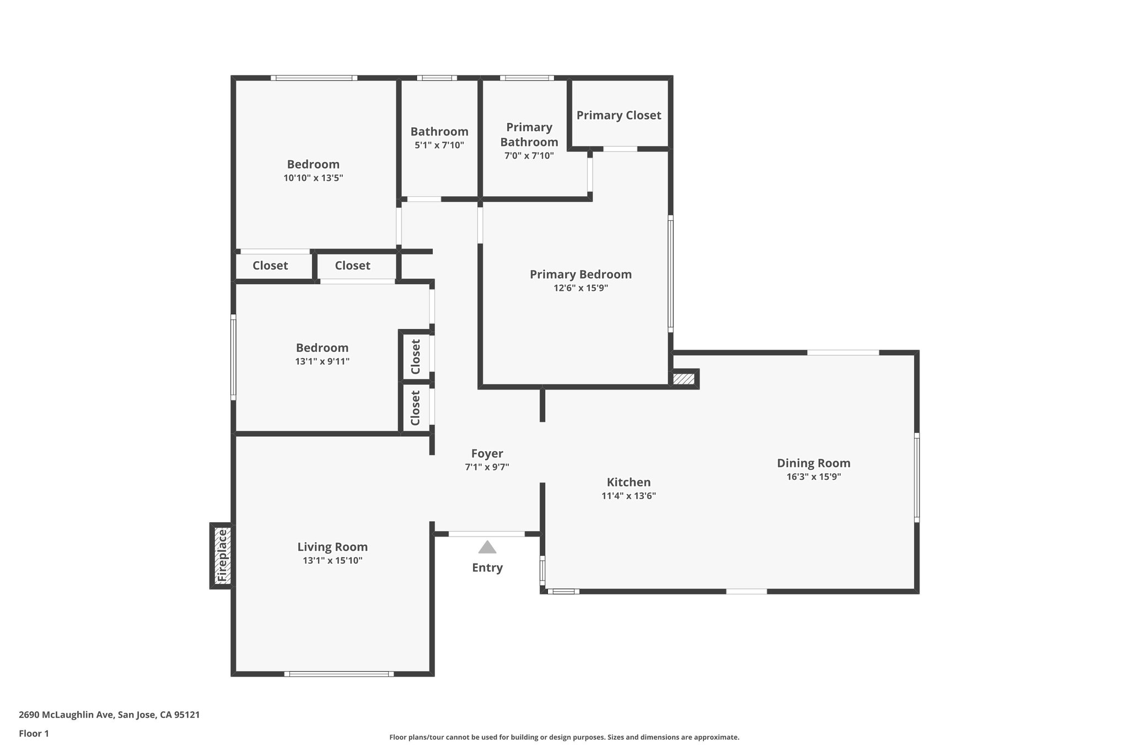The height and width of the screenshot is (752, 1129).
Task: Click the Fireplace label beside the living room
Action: (222, 555)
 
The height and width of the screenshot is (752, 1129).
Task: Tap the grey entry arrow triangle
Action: (487, 547)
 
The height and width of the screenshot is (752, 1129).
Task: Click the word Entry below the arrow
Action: (487, 567)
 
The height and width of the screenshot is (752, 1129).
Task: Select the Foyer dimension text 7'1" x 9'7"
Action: (487, 467)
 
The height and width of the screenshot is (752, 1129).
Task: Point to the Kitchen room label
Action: (628, 482)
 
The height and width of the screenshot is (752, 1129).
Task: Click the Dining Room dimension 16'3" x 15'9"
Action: (813, 477)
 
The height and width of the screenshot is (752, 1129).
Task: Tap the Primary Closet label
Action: (619, 115)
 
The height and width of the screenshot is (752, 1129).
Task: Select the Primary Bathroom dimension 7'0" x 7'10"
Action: (529, 156)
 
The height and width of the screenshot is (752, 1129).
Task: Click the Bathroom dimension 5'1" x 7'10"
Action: (439, 145)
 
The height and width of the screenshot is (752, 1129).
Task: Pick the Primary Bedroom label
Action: (580, 274)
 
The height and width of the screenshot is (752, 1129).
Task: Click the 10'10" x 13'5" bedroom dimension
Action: (313, 178)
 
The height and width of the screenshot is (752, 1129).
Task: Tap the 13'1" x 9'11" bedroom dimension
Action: (322, 361)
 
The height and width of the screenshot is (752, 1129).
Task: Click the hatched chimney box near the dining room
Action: (684, 379)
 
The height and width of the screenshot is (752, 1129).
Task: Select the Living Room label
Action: (332, 547)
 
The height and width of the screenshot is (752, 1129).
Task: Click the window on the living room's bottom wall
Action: (339, 674)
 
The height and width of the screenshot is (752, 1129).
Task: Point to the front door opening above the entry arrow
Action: (487, 534)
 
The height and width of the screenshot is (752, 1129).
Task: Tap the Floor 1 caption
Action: (34, 733)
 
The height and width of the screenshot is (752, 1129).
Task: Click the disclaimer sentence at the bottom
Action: (564, 737)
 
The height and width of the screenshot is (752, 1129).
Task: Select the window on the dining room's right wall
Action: (917, 477)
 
